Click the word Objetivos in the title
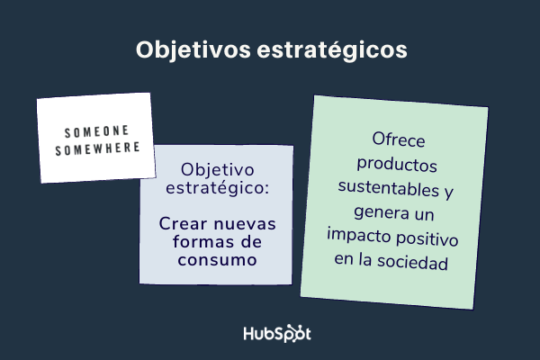click(x=188, y=49)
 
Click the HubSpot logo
click(x=277, y=332)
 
